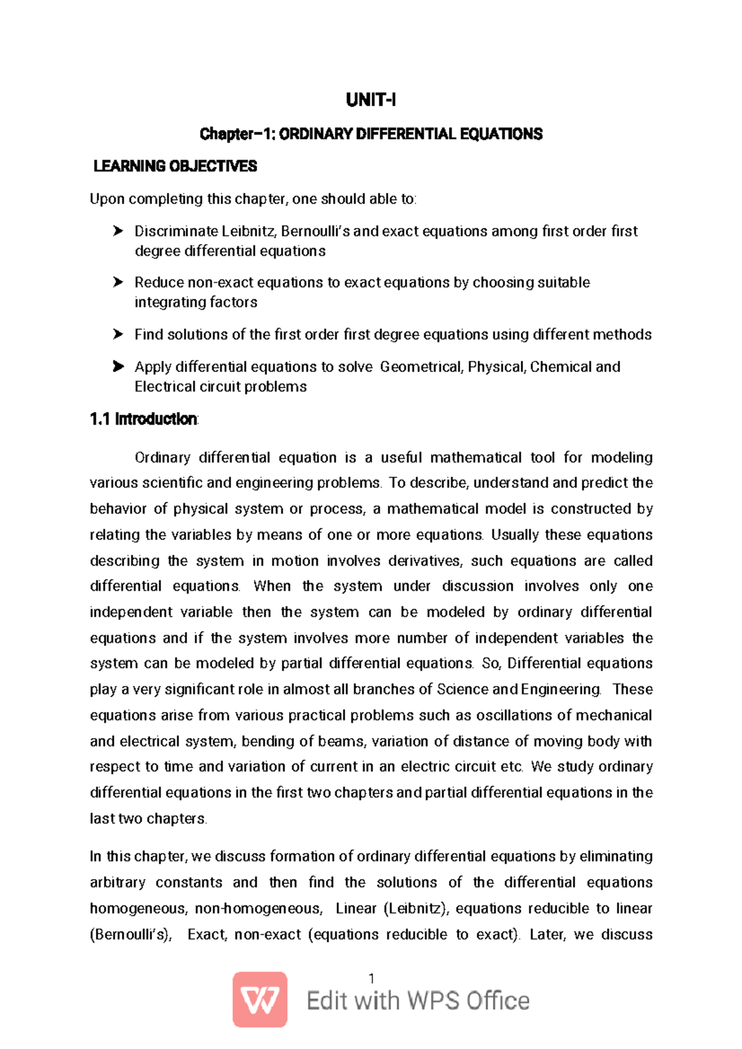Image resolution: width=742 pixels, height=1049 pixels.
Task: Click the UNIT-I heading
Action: point(370,100)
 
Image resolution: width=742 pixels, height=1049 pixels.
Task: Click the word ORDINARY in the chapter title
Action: point(315,134)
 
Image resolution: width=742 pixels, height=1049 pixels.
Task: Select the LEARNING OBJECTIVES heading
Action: point(175,166)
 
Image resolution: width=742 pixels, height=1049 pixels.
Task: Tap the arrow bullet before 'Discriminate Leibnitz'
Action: point(118,231)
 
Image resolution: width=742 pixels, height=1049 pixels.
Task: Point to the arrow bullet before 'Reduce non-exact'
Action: point(118,282)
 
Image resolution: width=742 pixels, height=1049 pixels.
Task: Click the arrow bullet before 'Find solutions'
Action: point(118,334)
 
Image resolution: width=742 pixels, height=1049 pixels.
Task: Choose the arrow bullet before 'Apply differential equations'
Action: point(118,367)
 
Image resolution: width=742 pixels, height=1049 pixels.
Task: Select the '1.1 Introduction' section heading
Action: point(143,419)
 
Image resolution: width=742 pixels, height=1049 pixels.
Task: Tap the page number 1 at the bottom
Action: point(371,978)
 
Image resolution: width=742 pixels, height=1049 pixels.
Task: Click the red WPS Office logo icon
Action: point(260,1000)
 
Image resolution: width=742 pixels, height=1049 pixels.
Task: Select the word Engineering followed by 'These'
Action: point(561,689)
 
